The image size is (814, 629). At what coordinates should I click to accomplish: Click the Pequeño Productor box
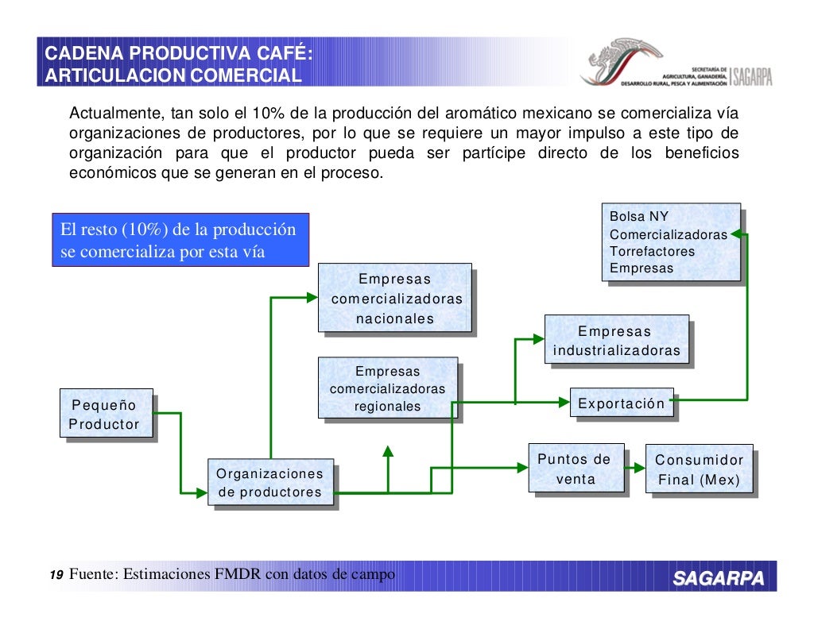click(104, 414)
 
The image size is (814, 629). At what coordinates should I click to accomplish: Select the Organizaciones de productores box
click(269, 483)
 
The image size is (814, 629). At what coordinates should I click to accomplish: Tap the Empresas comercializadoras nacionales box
click(394, 299)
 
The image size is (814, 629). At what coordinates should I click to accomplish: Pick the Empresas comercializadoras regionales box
click(387, 388)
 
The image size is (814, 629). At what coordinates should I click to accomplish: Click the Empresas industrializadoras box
click(616, 340)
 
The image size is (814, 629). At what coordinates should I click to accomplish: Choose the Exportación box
click(622, 403)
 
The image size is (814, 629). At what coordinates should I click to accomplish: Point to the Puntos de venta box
click(576, 469)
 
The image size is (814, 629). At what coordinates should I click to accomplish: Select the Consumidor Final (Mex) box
click(699, 469)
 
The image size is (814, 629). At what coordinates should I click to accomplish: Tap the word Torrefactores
click(652, 251)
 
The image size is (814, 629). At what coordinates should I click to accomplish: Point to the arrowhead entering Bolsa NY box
click(735, 233)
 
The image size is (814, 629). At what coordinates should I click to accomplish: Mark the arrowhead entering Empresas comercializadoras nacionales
click(312, 298)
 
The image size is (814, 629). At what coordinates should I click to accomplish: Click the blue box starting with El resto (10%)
click(180, 240)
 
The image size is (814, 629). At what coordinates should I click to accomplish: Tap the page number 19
click(56, 575)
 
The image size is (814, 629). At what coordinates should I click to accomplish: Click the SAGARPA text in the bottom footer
click(719, 577)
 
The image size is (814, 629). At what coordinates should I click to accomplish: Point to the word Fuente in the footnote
click(94, 575)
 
